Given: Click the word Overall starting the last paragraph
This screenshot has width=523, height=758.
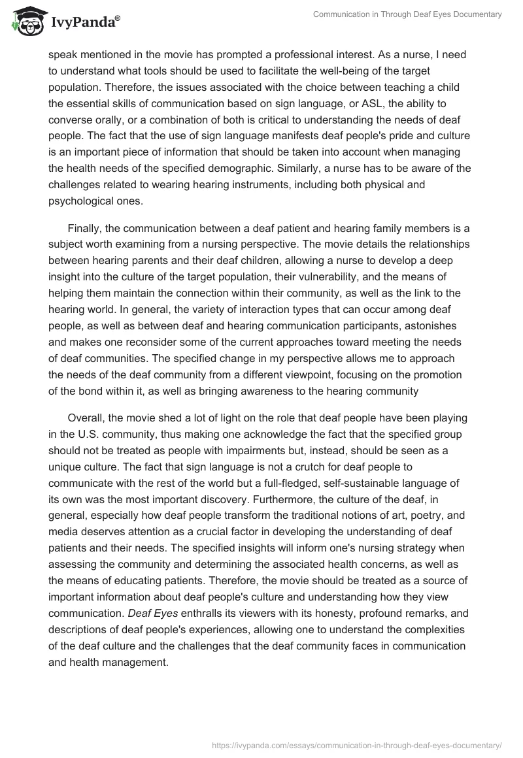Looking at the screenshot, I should (x=86, y=418).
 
